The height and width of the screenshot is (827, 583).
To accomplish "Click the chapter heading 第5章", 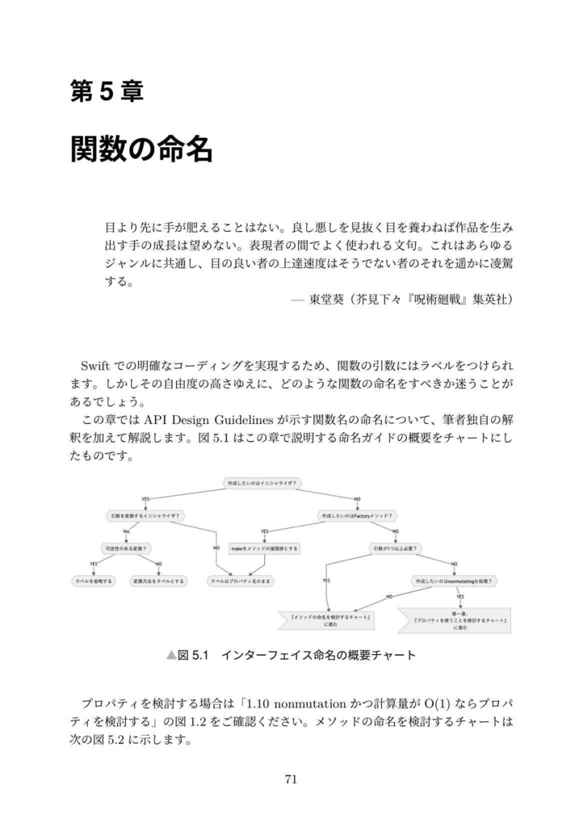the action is point(107,93).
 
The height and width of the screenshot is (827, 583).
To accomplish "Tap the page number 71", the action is point(291,779).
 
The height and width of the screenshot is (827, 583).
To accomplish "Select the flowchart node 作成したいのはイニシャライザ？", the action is point(262,483).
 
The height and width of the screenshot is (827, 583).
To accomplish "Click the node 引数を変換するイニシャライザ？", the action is point(145,515).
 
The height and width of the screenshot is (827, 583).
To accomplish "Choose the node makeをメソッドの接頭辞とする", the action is point(264,548).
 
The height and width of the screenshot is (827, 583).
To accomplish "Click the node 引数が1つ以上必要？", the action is point(395,548).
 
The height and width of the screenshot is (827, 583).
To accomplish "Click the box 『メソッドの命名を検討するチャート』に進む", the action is point(329,620).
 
